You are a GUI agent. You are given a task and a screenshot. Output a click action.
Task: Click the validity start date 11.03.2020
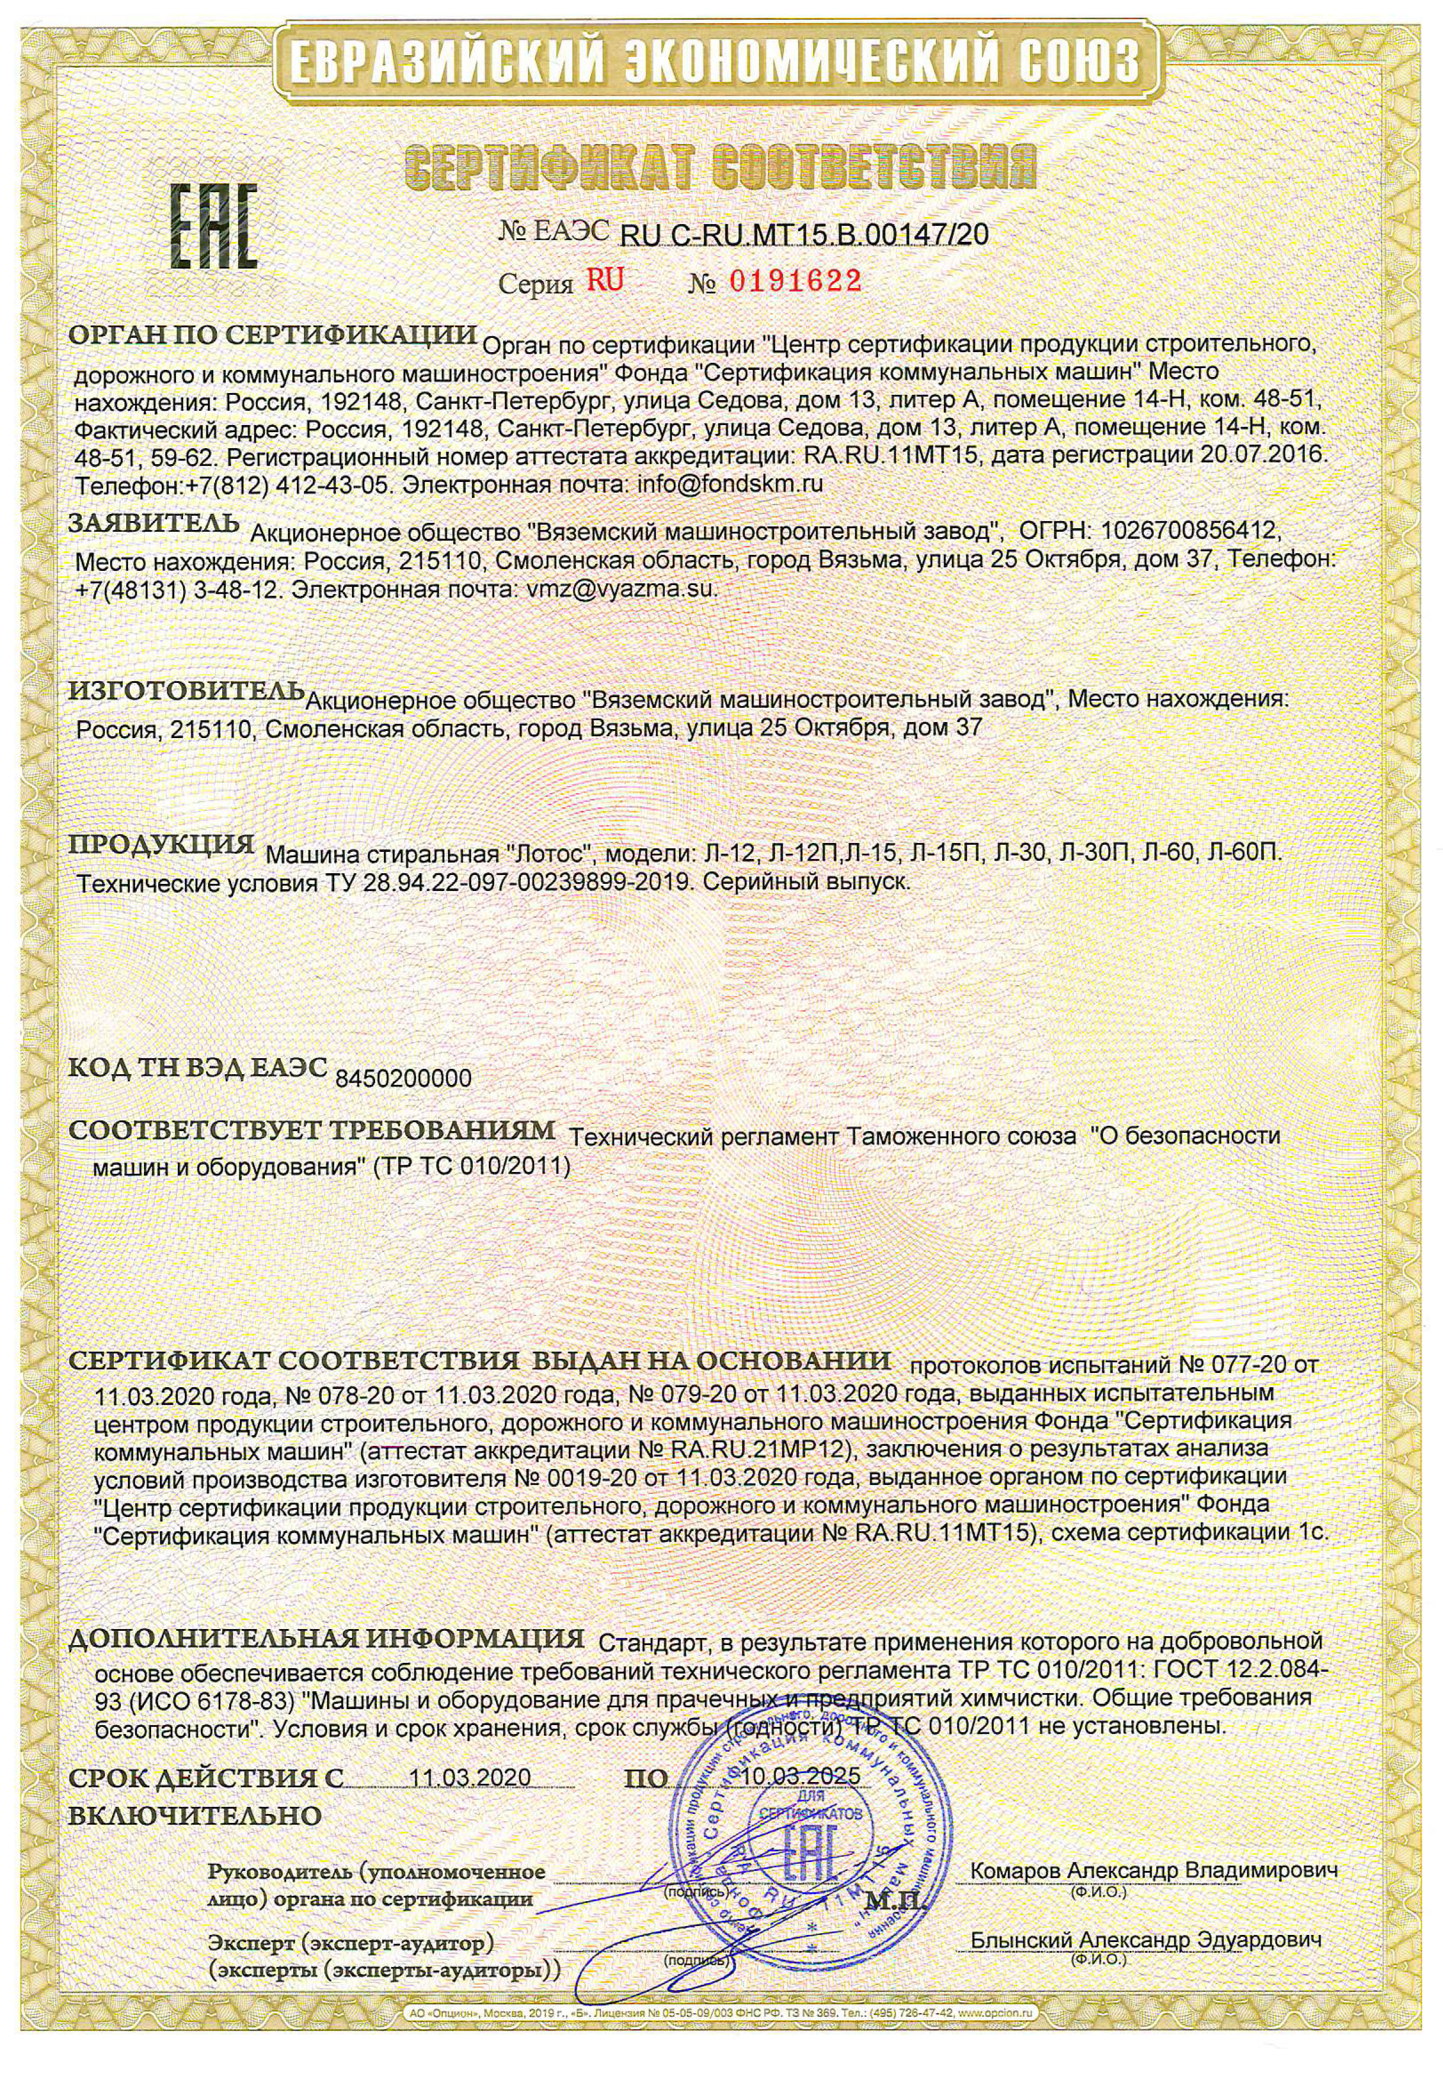469,1777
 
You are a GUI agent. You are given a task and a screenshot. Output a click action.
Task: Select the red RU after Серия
605,280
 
